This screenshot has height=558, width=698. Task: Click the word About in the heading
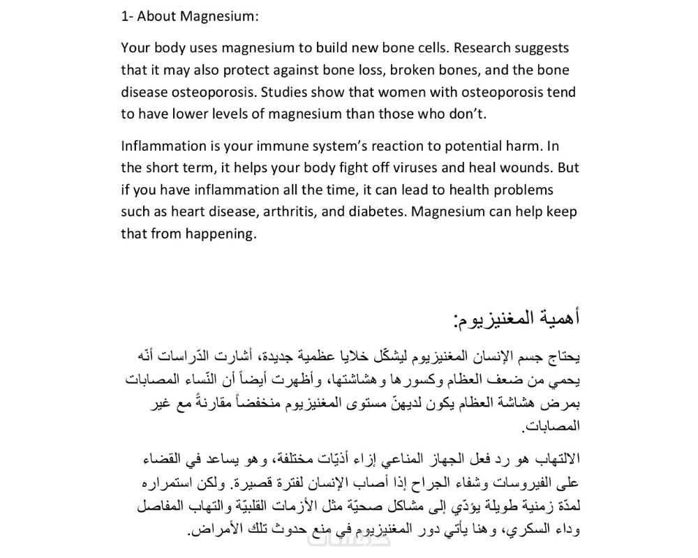tap(156, 16)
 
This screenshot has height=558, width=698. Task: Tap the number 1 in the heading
tap(124, 16)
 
